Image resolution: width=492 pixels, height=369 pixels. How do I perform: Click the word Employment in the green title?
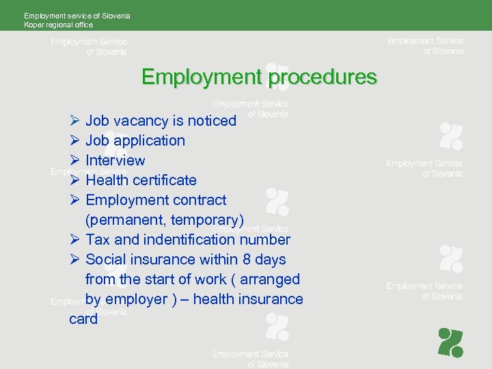click(202, 77)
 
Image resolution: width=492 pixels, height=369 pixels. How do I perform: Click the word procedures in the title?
click(323, 77)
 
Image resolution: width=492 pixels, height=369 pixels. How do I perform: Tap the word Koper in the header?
click(33, 25)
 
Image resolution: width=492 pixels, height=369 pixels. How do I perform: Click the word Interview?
click(115, 161)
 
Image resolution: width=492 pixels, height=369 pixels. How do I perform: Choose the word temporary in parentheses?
click(206, 220)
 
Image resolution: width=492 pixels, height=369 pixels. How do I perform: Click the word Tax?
click(98, 240)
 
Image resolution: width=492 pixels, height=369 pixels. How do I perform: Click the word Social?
click(106, 260)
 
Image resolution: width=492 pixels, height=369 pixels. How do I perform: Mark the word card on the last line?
click(83, 318)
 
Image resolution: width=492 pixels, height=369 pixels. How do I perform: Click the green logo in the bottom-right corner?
click(450, 342)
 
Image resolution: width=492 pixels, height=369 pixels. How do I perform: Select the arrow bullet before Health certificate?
click(75, 180)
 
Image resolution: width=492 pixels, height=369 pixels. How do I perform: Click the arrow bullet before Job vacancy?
click(75, 121)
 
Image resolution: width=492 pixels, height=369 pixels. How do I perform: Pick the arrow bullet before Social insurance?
click(75, 260)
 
